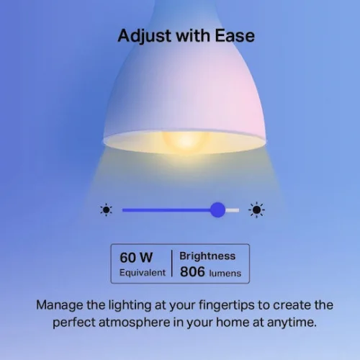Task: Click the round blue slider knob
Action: (217, 210)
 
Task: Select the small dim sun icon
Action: (107, 210)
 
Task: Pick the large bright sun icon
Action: (256, 210)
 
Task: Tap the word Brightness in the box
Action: (207, 256)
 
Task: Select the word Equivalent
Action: (143, 273)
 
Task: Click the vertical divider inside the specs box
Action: (171, 264)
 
